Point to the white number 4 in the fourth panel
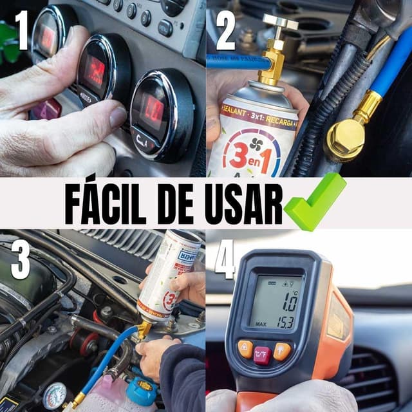pyautogui.click(x=225, y=260)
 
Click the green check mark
pyautogui.click(x=315, y=202)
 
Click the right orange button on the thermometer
pyautogui.click(x=281, y=351)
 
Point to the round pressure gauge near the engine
pyautogui.click(x=55, y=395)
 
